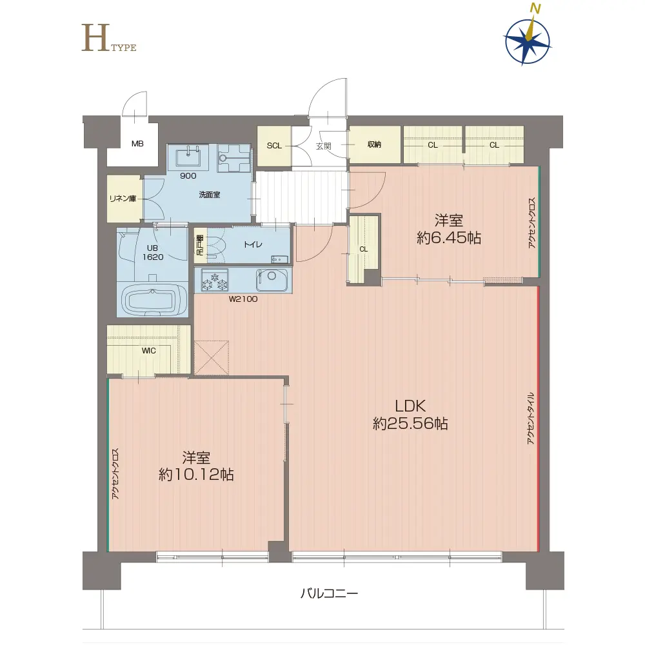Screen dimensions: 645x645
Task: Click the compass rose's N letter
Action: [535, 8]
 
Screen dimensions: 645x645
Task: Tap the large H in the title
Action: [95, 37]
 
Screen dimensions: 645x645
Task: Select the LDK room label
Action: [410, 406]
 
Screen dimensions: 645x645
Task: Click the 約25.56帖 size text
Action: [410, 423]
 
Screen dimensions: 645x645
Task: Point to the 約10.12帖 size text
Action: [196, 475]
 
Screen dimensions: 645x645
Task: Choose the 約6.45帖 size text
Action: [449, 238]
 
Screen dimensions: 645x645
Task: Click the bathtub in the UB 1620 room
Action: [152, 301]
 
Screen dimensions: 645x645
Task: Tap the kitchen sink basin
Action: [272, 280]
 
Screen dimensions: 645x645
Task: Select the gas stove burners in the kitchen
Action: [215, 280]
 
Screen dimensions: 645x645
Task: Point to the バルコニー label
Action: [329, 593]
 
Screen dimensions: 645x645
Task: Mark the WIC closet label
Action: [148, 350]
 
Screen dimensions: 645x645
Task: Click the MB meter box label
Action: [137, 144]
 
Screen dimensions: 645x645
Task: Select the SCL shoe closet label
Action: [274, 146]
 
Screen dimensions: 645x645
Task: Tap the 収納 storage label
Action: [374, 144]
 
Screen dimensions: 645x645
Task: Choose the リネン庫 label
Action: [123, 199]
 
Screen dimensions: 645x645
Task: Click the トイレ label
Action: [253, 244]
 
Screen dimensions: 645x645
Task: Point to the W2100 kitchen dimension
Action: [243, 299]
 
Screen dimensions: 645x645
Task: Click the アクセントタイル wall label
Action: [531, 418]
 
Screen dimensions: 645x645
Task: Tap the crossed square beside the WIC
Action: [212, 357]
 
